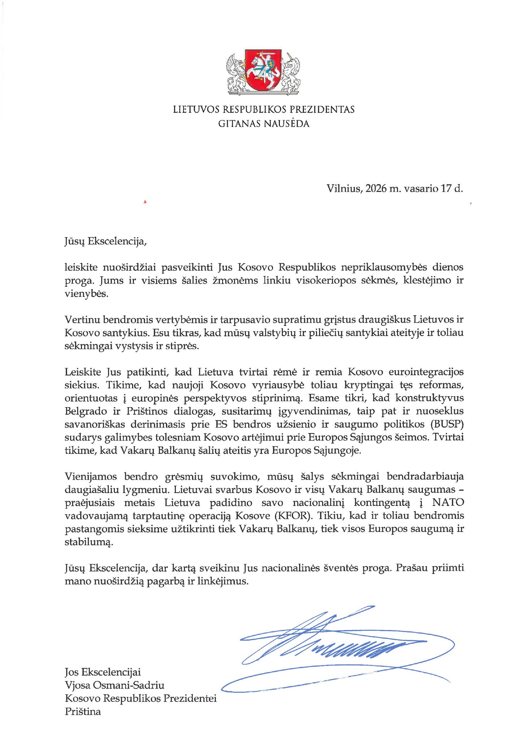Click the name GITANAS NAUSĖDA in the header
(264, 124)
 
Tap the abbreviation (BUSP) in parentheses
(448, 424)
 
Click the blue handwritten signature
(336, 646)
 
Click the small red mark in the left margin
(145, 202)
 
